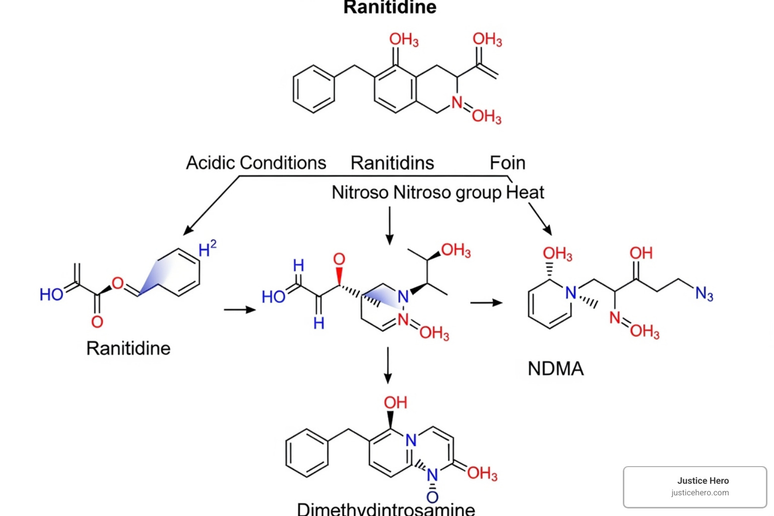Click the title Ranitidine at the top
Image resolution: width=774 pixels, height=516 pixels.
pos(390,7)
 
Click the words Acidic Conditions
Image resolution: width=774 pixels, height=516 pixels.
pos(256,163)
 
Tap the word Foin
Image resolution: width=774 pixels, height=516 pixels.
pos(507,163)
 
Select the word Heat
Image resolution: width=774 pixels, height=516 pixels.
pos(525,192)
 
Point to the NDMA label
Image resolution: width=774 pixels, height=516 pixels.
pos(555,368)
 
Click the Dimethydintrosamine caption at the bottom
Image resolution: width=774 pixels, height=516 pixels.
pos(385,508)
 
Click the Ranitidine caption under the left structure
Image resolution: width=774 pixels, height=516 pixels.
pos(128,348)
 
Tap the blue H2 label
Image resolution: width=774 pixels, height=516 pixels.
pos(207,248)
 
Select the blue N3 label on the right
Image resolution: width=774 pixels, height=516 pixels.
pos(704,293)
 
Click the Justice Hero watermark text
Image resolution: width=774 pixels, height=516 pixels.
pos(702,481)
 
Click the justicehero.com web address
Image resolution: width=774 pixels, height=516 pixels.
pos(699,493)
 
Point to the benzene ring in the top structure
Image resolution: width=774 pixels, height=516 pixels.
pos(313,89)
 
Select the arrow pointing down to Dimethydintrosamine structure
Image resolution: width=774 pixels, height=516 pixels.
pos(388,365)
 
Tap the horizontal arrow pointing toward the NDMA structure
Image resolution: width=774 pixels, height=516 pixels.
pos(486,303)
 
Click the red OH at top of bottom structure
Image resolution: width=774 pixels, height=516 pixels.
pos(395,403)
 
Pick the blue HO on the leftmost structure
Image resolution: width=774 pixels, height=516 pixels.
pos(51,294)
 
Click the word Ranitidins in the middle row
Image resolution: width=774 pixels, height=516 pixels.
pos(392,163)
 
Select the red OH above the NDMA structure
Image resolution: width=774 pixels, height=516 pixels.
pos(641,253)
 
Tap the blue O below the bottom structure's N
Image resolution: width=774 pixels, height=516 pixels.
pos(432,497)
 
